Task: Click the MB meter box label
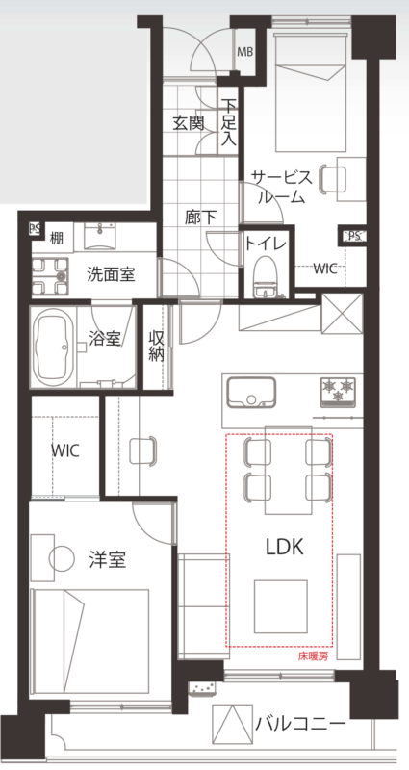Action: coord(245,52)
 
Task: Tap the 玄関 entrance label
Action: coord(188,123)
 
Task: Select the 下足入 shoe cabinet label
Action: coord(228,122)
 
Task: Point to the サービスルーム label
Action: coord(281,187)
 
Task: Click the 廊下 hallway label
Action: coord(201,218)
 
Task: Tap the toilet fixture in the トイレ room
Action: coord(266,277)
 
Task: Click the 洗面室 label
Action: coord(111,274)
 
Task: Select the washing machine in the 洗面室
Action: coord(50,276)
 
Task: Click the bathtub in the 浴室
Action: coord(54,347)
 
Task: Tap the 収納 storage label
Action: coord(156,346)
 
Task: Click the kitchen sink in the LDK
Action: coord(251,392)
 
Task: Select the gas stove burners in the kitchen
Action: coord(339,392)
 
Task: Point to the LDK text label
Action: coord(285,547)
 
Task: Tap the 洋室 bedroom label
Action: coord(108,559)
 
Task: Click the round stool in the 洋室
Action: coord(62,558)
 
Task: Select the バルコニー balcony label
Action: coord(300,724)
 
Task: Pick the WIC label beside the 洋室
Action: coord(65,450)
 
